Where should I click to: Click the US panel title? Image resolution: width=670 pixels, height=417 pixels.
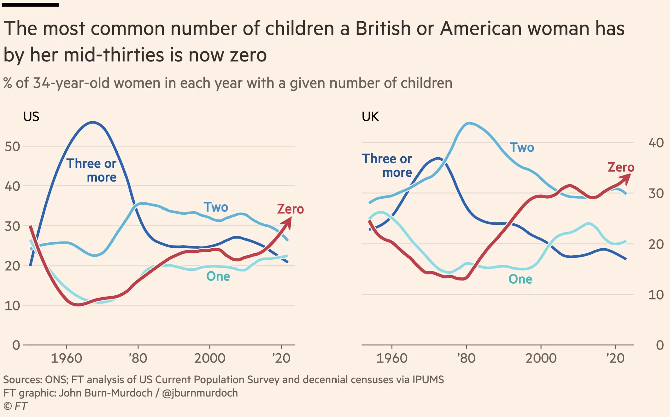tap(31, 117)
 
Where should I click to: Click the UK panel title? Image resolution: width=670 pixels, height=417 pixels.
tap(370, 117)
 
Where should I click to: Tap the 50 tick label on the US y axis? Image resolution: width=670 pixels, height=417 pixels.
tap(12, 147)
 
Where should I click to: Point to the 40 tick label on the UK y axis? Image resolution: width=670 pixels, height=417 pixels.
tap(656, 143)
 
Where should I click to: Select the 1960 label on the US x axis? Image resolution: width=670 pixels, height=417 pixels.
tap(66, 358)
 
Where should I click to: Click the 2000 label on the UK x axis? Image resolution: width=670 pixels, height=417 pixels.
tap(541, 358)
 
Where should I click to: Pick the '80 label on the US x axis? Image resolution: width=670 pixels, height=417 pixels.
tap(138, 358)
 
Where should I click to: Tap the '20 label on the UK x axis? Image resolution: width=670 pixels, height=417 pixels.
tap(615, 358)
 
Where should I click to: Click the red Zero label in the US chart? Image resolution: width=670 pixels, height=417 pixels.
tap(290, 209)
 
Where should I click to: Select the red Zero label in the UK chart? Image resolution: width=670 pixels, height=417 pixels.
tap(621, 167)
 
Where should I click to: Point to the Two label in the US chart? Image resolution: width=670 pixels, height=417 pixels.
tap(216, 207)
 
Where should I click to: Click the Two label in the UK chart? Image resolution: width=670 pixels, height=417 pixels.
tap(522, 148)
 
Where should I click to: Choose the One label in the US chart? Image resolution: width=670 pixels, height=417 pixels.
tap(218, 276)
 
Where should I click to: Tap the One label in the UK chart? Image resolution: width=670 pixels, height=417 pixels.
tap(520, 279)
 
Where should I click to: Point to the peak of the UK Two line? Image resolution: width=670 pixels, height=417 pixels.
tap(469, 123)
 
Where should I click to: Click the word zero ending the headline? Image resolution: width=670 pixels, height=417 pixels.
tap(248, 55)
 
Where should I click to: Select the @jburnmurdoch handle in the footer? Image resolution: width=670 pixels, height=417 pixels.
tap(200, 393)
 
